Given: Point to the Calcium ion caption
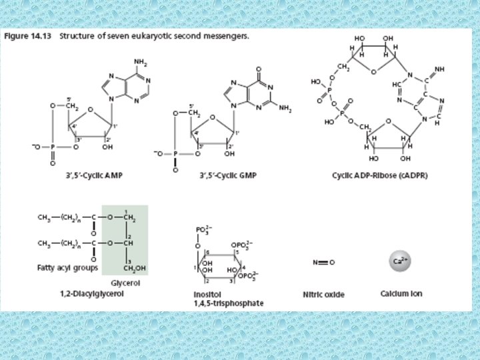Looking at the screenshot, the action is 401,293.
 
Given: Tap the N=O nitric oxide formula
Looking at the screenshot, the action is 323,262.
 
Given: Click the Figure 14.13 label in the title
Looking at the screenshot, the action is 29,35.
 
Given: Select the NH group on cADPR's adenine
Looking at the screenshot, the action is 440,69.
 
